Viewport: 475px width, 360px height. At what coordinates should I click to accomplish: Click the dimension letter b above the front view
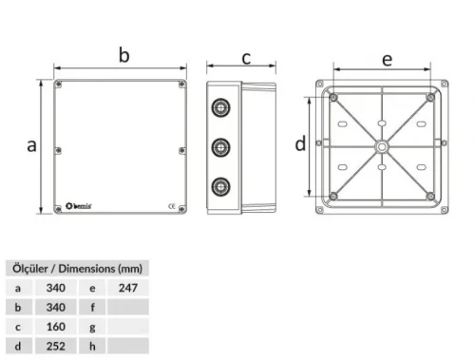pyautogui.click(x=123, y=55)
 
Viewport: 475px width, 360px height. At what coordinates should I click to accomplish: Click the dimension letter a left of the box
pyautogui.click(x=31, y=145)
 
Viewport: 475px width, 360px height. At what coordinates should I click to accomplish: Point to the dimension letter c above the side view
pyautogui.click(x=245, y=59)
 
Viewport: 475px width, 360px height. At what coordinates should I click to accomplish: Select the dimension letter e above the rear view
pyautogui.click(x=387, y=59)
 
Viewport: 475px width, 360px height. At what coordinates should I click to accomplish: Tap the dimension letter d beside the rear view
pyautogui.click(x=300, y=144)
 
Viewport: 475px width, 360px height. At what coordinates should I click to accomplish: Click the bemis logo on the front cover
pyautogui.click(x=79, y=204)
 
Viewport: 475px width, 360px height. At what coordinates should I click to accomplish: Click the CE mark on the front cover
pyautogui.click(x=170, y=204)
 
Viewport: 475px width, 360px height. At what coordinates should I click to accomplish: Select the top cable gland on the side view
pyautogui.click(x=222, y=107)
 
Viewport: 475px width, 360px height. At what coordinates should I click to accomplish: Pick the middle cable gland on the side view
pyautogui.click(x=222, y=147)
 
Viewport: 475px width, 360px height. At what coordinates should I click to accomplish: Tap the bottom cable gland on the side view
pyautogui.click(x=222, y=186)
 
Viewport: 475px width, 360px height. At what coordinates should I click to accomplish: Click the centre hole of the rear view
pyautogui.click(x=381, y=147)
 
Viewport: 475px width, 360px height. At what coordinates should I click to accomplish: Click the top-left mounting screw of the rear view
pyautogui.click(x=333, y=98)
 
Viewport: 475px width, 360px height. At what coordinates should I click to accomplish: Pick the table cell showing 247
pyautogui.click(x=127, y=287)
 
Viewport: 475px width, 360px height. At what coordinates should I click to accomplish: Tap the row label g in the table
pyautogui.click(x=92, y=326)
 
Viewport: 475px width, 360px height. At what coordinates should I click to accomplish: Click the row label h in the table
pyautogui.click(x=92, y=346)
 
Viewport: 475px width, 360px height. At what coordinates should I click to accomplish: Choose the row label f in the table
pyautogui.click(x=92, y=307)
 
